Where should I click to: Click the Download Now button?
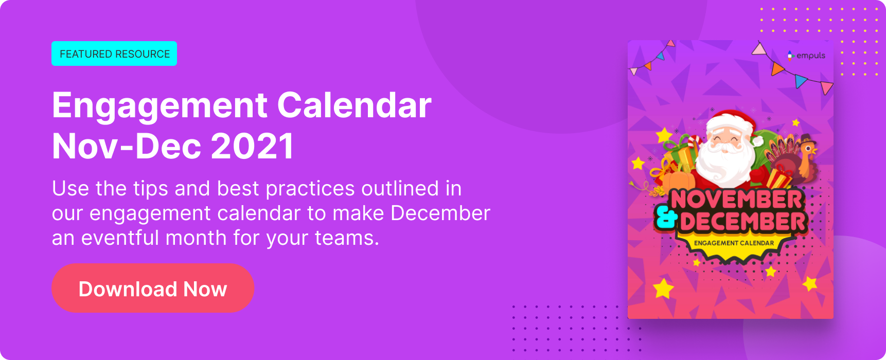153,288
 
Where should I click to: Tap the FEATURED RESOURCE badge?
114,53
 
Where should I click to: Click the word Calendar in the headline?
355,105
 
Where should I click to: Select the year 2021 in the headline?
253,147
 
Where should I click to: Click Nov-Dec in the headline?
127,147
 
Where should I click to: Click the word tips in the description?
151,189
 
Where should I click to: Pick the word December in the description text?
440,213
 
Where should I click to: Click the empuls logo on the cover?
806,56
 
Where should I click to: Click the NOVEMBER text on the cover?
736,200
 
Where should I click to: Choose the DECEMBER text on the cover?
742,222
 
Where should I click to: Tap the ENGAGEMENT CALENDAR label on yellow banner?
734,243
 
